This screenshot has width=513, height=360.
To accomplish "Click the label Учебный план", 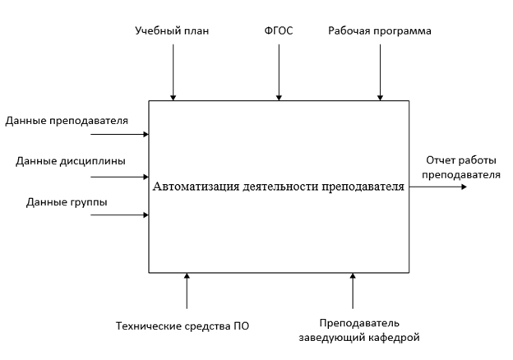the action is tap(172, 31).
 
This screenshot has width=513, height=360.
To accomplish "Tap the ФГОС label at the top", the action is tap(279, 30).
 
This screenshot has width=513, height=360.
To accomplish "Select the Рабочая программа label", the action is tap(380, 31).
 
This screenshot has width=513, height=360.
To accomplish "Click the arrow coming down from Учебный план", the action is tap(173, 72).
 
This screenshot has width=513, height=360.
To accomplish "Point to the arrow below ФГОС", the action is tap(279, 72).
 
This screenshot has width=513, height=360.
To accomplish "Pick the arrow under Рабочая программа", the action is tap(380, 72).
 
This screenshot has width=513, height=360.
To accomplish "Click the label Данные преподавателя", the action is tap(67, 121).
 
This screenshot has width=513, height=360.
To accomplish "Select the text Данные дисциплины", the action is tap(71, 161).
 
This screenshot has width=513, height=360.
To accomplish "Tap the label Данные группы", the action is tap(67, 202).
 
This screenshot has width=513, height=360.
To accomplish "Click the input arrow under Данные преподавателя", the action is tap(120, 134).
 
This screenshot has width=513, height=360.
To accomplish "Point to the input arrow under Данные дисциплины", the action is tap(120, 177).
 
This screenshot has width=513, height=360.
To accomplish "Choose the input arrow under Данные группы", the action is tap(120, 215).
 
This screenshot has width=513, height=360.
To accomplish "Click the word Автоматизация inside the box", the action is tap(196, 187).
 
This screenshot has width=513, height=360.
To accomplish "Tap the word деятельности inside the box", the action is tap(280, 187).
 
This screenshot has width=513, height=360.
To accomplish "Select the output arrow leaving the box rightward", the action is tap(438, 187).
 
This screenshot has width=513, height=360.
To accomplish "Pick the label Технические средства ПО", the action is tap(183, 326).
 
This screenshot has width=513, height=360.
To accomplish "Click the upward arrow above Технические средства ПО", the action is tap(187, 291).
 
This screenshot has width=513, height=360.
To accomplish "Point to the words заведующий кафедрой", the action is tap(359, 338).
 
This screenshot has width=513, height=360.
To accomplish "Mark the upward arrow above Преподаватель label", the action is tap(353, 291).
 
